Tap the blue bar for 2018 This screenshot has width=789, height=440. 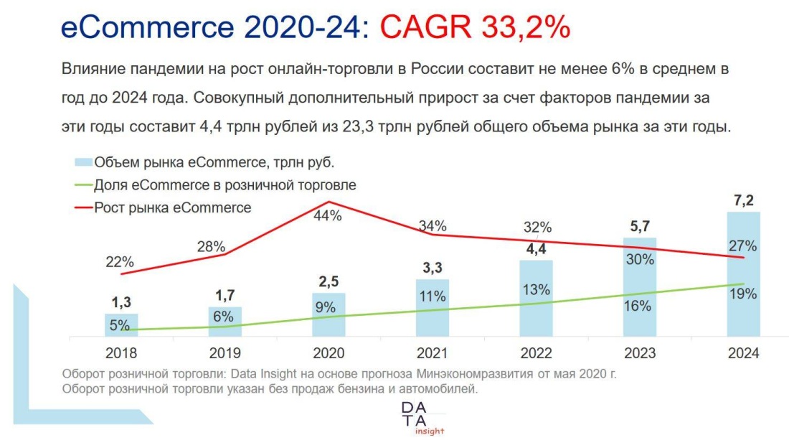coord(121,324)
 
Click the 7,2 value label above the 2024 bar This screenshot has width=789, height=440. coord(742,200)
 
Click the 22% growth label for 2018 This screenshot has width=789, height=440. coord(121,262)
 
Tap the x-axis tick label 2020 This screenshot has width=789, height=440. coord(329,353)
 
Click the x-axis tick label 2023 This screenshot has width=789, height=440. coord(639,353)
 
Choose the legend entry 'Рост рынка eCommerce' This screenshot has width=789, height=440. coord(172,208)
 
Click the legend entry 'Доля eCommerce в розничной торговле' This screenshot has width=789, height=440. coord(225,185)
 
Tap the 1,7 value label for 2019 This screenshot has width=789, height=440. coord(225,294)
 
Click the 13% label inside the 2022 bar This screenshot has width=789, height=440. coord(536,290)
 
